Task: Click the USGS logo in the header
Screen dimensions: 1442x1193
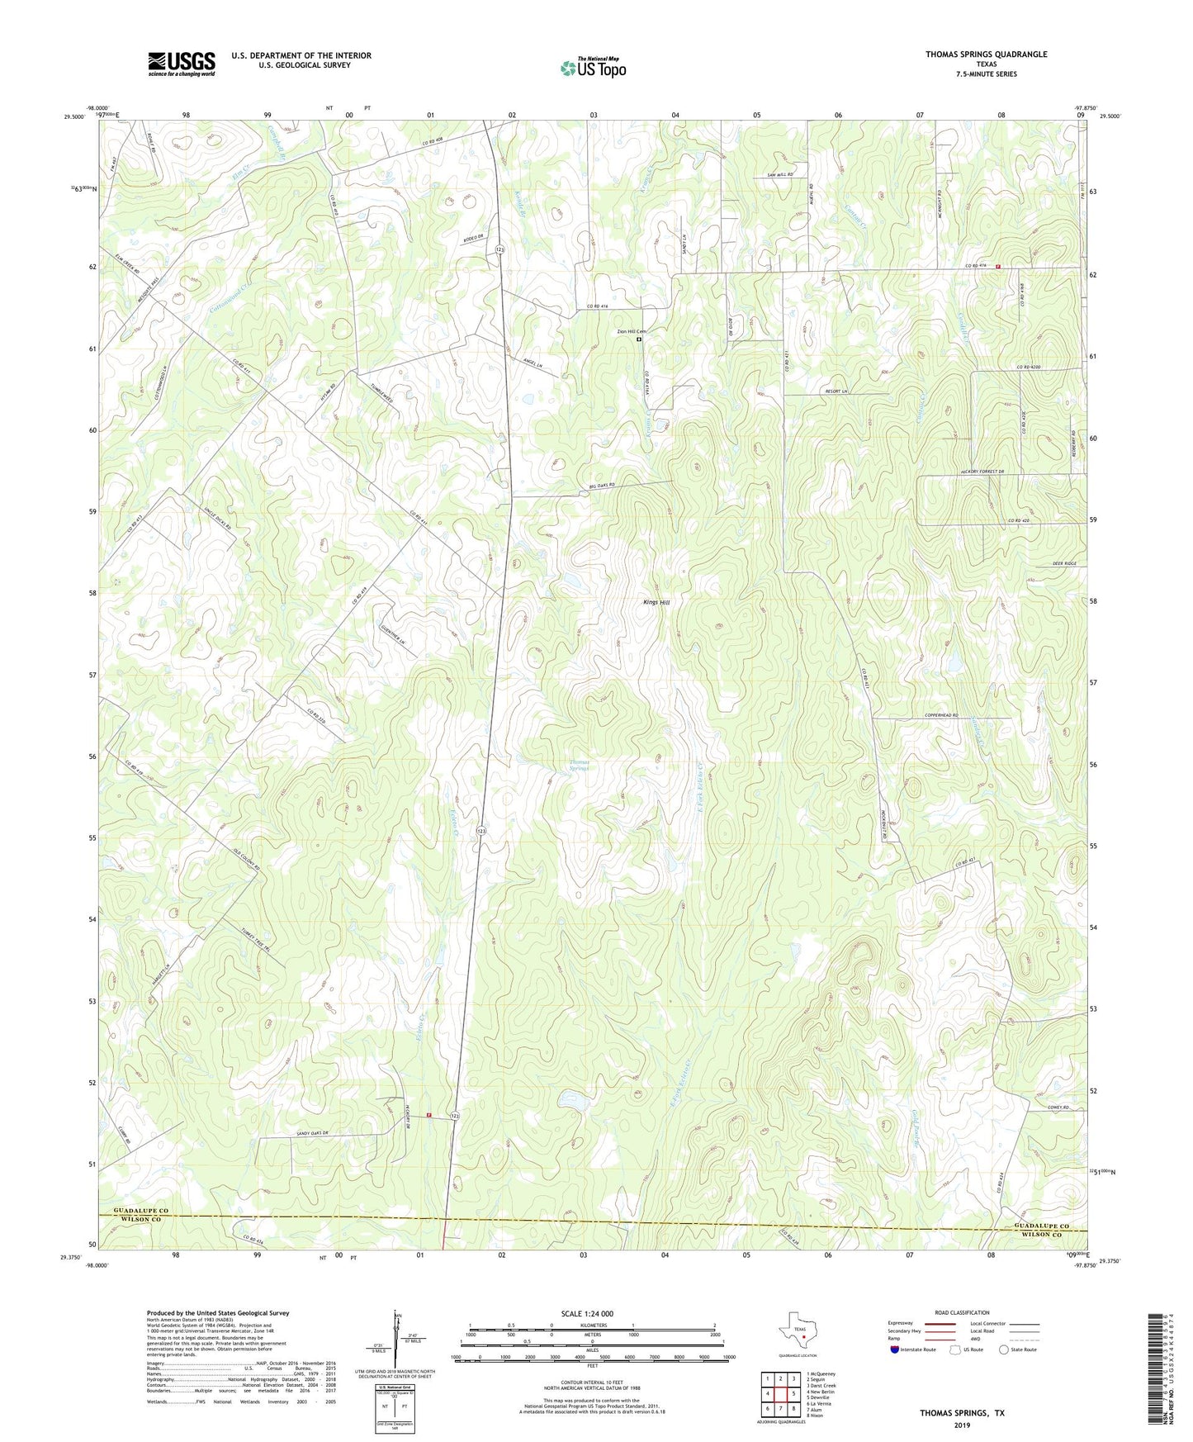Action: [181, 64]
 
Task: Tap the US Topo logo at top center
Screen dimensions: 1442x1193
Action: [593, 68]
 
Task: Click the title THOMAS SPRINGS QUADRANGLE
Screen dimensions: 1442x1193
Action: [986, 55]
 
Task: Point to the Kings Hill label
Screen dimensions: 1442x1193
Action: [656, 603]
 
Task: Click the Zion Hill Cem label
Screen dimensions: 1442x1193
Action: [632, 332]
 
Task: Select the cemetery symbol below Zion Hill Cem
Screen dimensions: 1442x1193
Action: [638, 339]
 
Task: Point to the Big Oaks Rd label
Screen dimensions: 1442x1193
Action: [601, 487]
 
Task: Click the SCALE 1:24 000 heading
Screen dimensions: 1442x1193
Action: [586, 1313]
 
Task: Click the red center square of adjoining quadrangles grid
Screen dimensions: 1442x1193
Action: [780, 1397]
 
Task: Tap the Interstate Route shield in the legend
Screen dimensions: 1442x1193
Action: [895, 1350]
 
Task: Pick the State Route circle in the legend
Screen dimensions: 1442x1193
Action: [1003, 1350]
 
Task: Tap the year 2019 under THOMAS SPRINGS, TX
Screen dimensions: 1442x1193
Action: [962, 1425]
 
